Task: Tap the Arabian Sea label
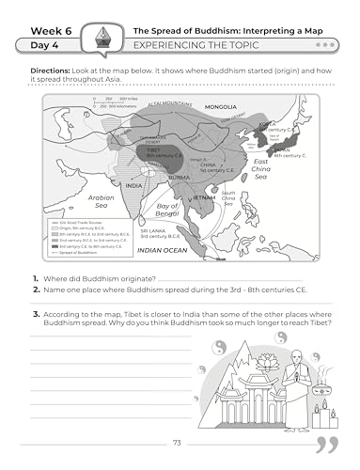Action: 102,202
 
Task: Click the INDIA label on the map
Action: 134,185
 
